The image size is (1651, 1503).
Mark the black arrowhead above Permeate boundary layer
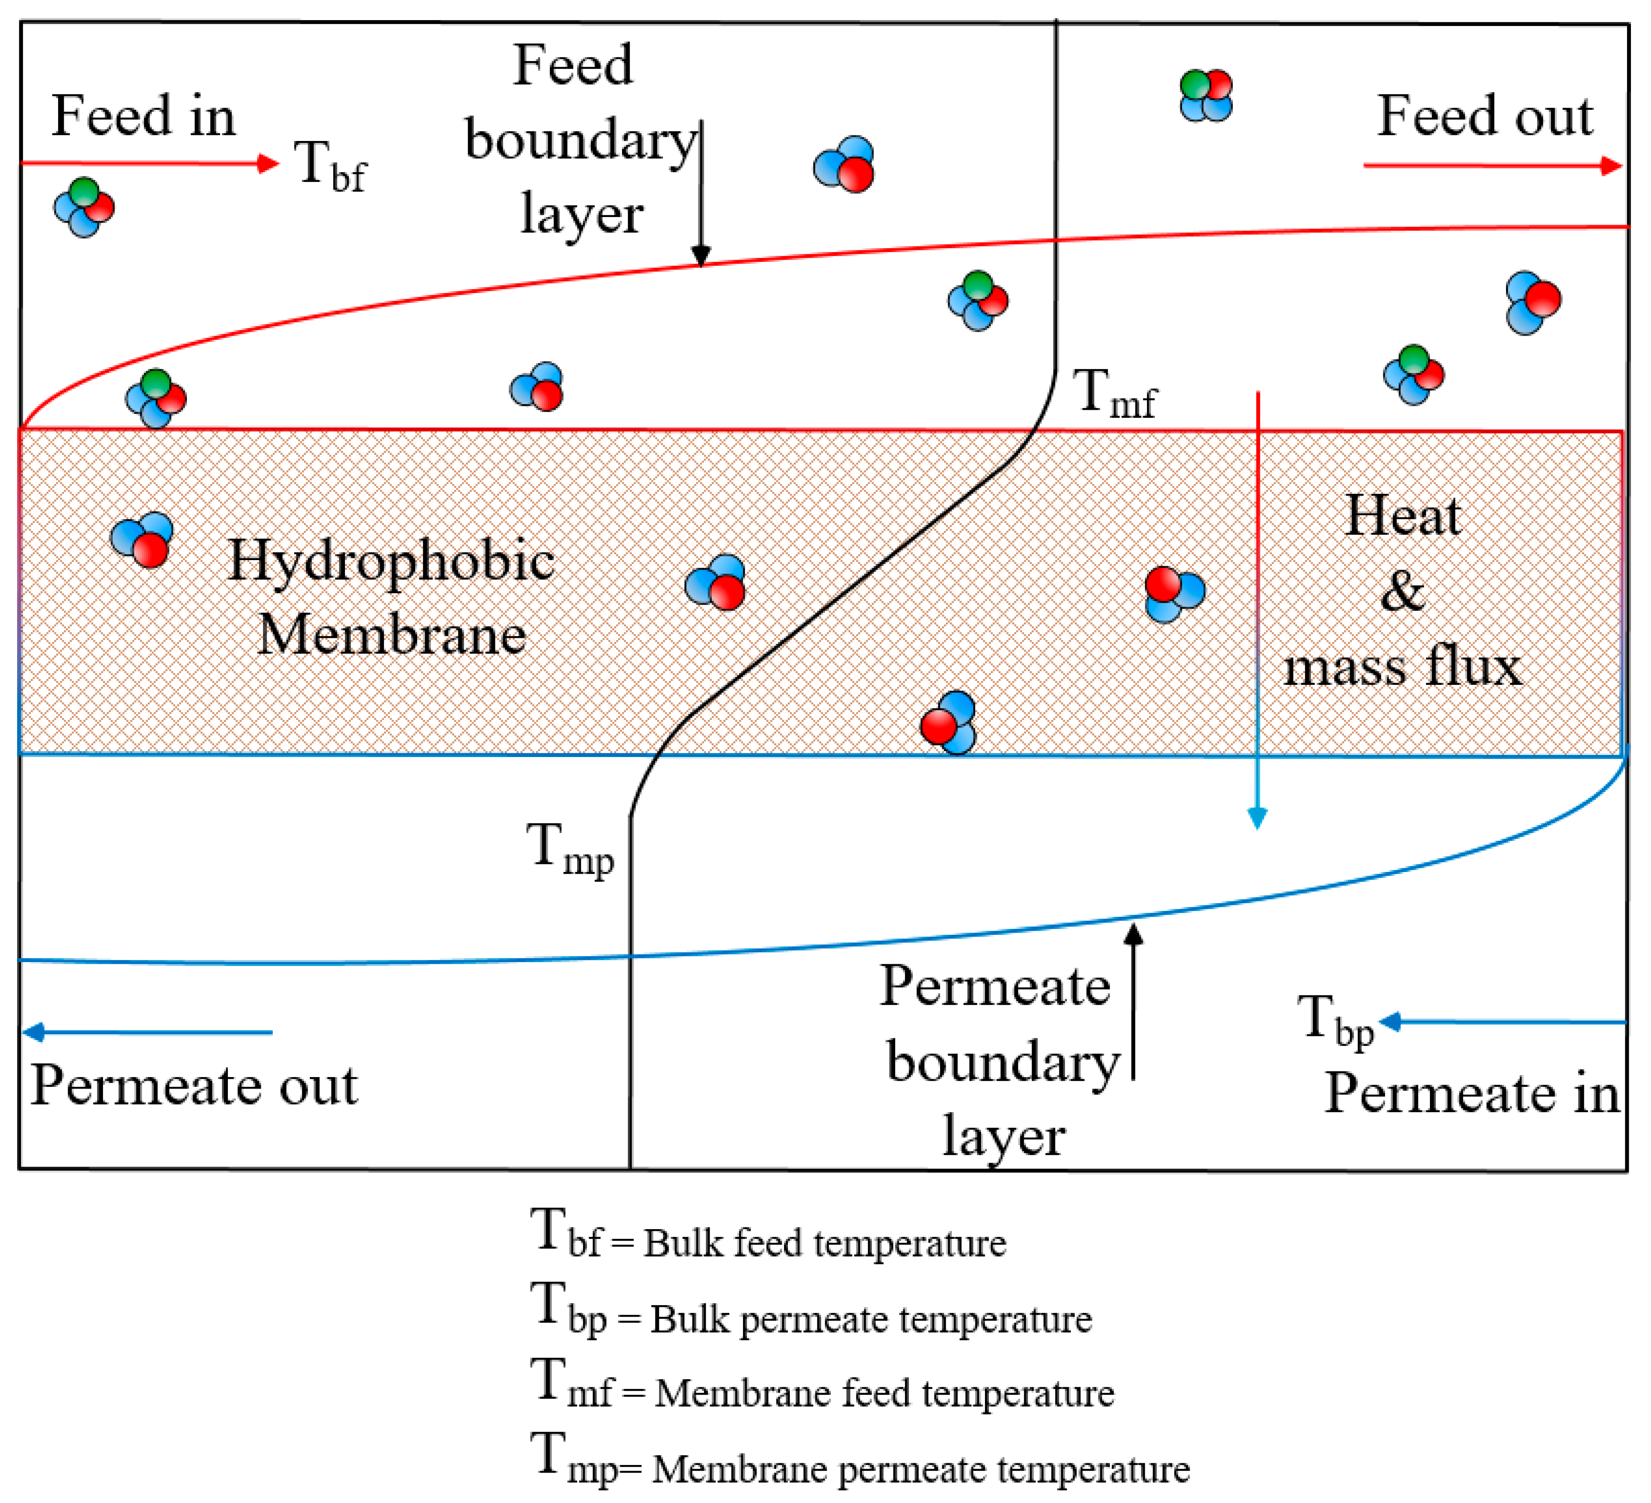1133,933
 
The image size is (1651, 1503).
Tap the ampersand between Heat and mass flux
1402,591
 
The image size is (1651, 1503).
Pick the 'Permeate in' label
1471,1093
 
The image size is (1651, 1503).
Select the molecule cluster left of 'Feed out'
1206,95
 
